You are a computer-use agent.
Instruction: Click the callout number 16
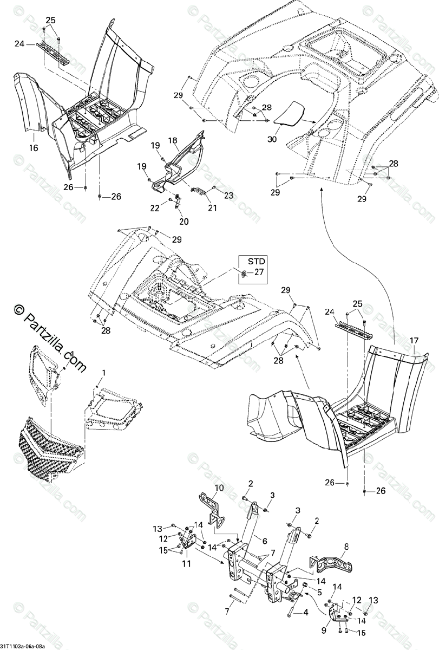pyautogui.click(x=34, y=146)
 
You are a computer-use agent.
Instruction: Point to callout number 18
pyautogui.click(x=173, y=140)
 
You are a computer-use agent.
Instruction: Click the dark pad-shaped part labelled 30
pyautogui.click(x=289, y=113)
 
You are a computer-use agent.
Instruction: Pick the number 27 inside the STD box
pyautogui.click(x=258, y=272)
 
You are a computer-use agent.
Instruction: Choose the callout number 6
pyautogui.click(x=265, y=541)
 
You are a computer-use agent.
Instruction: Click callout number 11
pyautogui.click(x=186, y=563)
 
